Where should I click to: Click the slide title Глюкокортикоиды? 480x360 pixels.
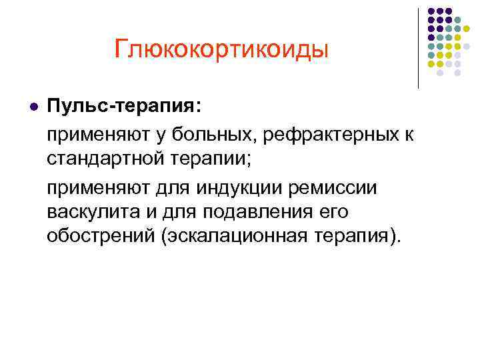[221, 49]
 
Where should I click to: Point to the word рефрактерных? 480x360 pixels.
[332, 136]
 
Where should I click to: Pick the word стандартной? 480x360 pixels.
[102, 161]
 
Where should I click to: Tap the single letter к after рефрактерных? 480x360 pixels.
[408, 136]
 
